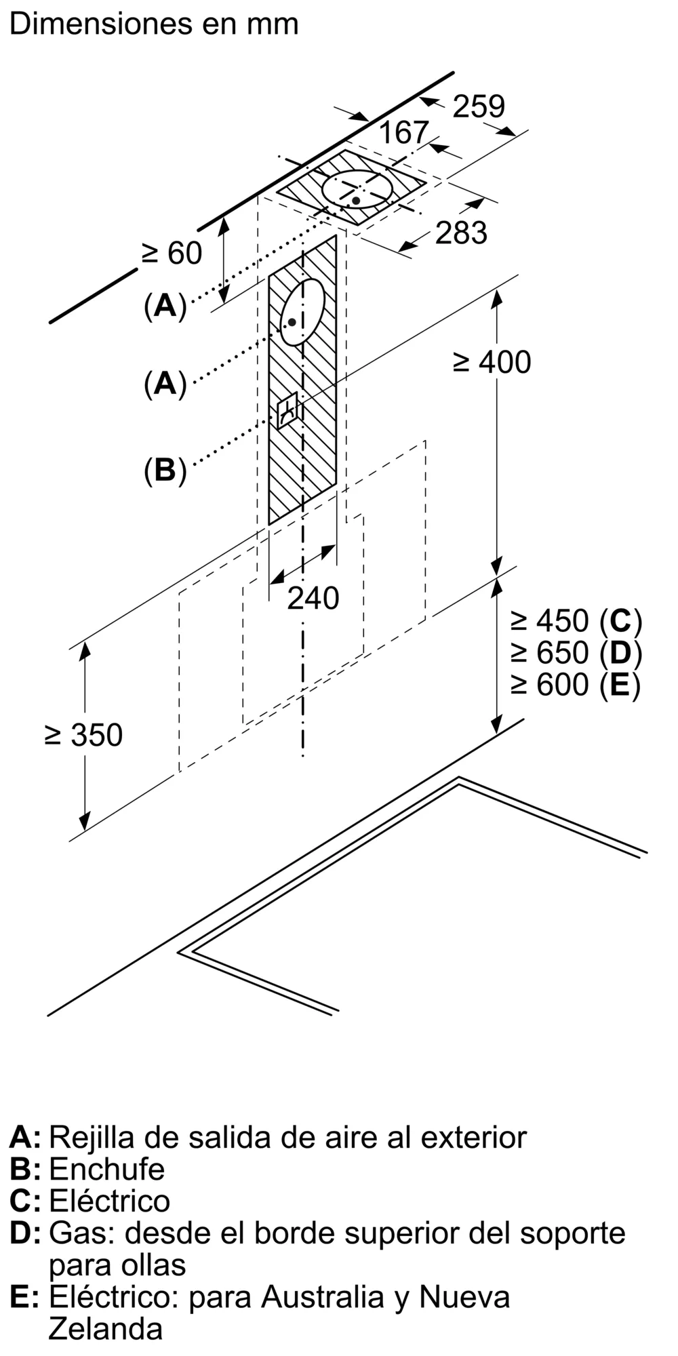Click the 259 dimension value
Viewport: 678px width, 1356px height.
pos(479,106)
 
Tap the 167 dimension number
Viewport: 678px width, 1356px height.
pos(403,132)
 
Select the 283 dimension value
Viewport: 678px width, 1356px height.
pos(461,233)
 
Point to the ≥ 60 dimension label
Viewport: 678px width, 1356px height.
pos(172,253)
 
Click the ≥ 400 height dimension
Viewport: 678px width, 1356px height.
pos(492,362)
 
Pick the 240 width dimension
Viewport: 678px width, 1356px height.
pos(313,598)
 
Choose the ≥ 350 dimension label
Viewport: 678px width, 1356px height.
pos(83,735)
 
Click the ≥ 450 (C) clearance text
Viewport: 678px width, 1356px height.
pos(576,620)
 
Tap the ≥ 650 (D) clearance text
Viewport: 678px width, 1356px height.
pos(576,652)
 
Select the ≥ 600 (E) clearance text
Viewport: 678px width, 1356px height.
pos(576,684)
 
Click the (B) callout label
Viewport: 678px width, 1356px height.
pos(165,470)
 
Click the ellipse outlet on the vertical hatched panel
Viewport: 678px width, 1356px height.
pos(302,312)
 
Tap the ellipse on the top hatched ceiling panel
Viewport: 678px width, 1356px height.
pos(357,189)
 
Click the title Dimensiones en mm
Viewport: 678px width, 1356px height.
pos(154,24)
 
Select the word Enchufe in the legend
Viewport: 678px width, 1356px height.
pos(107,1169)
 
